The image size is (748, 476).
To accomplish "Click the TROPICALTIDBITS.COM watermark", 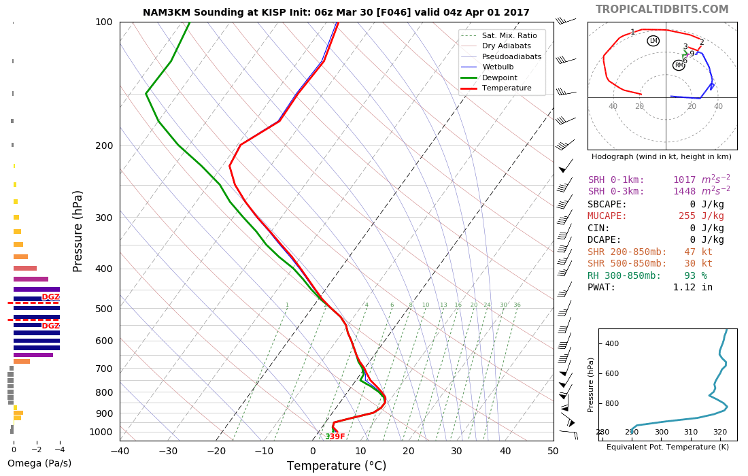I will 662,10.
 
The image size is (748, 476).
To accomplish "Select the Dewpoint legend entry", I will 500,78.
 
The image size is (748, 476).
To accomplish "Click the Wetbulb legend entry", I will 498,67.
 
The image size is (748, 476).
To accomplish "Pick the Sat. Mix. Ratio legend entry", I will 509,35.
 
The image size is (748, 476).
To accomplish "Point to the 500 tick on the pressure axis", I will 103,309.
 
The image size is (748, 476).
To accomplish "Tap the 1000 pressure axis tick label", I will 101,432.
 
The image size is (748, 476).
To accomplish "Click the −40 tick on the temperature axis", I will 120,450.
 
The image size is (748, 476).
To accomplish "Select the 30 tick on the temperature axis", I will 457,450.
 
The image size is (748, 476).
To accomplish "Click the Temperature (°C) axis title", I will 336,466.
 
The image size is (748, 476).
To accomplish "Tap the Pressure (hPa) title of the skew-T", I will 78,231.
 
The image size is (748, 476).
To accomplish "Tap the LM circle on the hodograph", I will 653,41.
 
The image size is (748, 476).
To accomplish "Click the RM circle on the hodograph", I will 679,65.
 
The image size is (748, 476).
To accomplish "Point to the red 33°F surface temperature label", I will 335,437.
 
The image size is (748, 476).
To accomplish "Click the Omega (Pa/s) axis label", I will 39,464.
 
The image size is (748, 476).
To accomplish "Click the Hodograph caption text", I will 662,156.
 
